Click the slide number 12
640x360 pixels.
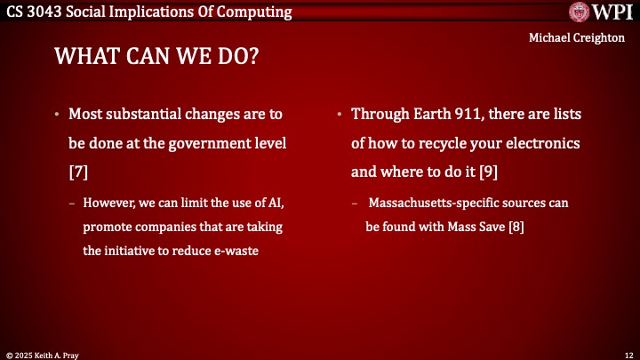[x=628, y=354]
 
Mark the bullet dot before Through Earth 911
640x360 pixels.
[x=340, y=116]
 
